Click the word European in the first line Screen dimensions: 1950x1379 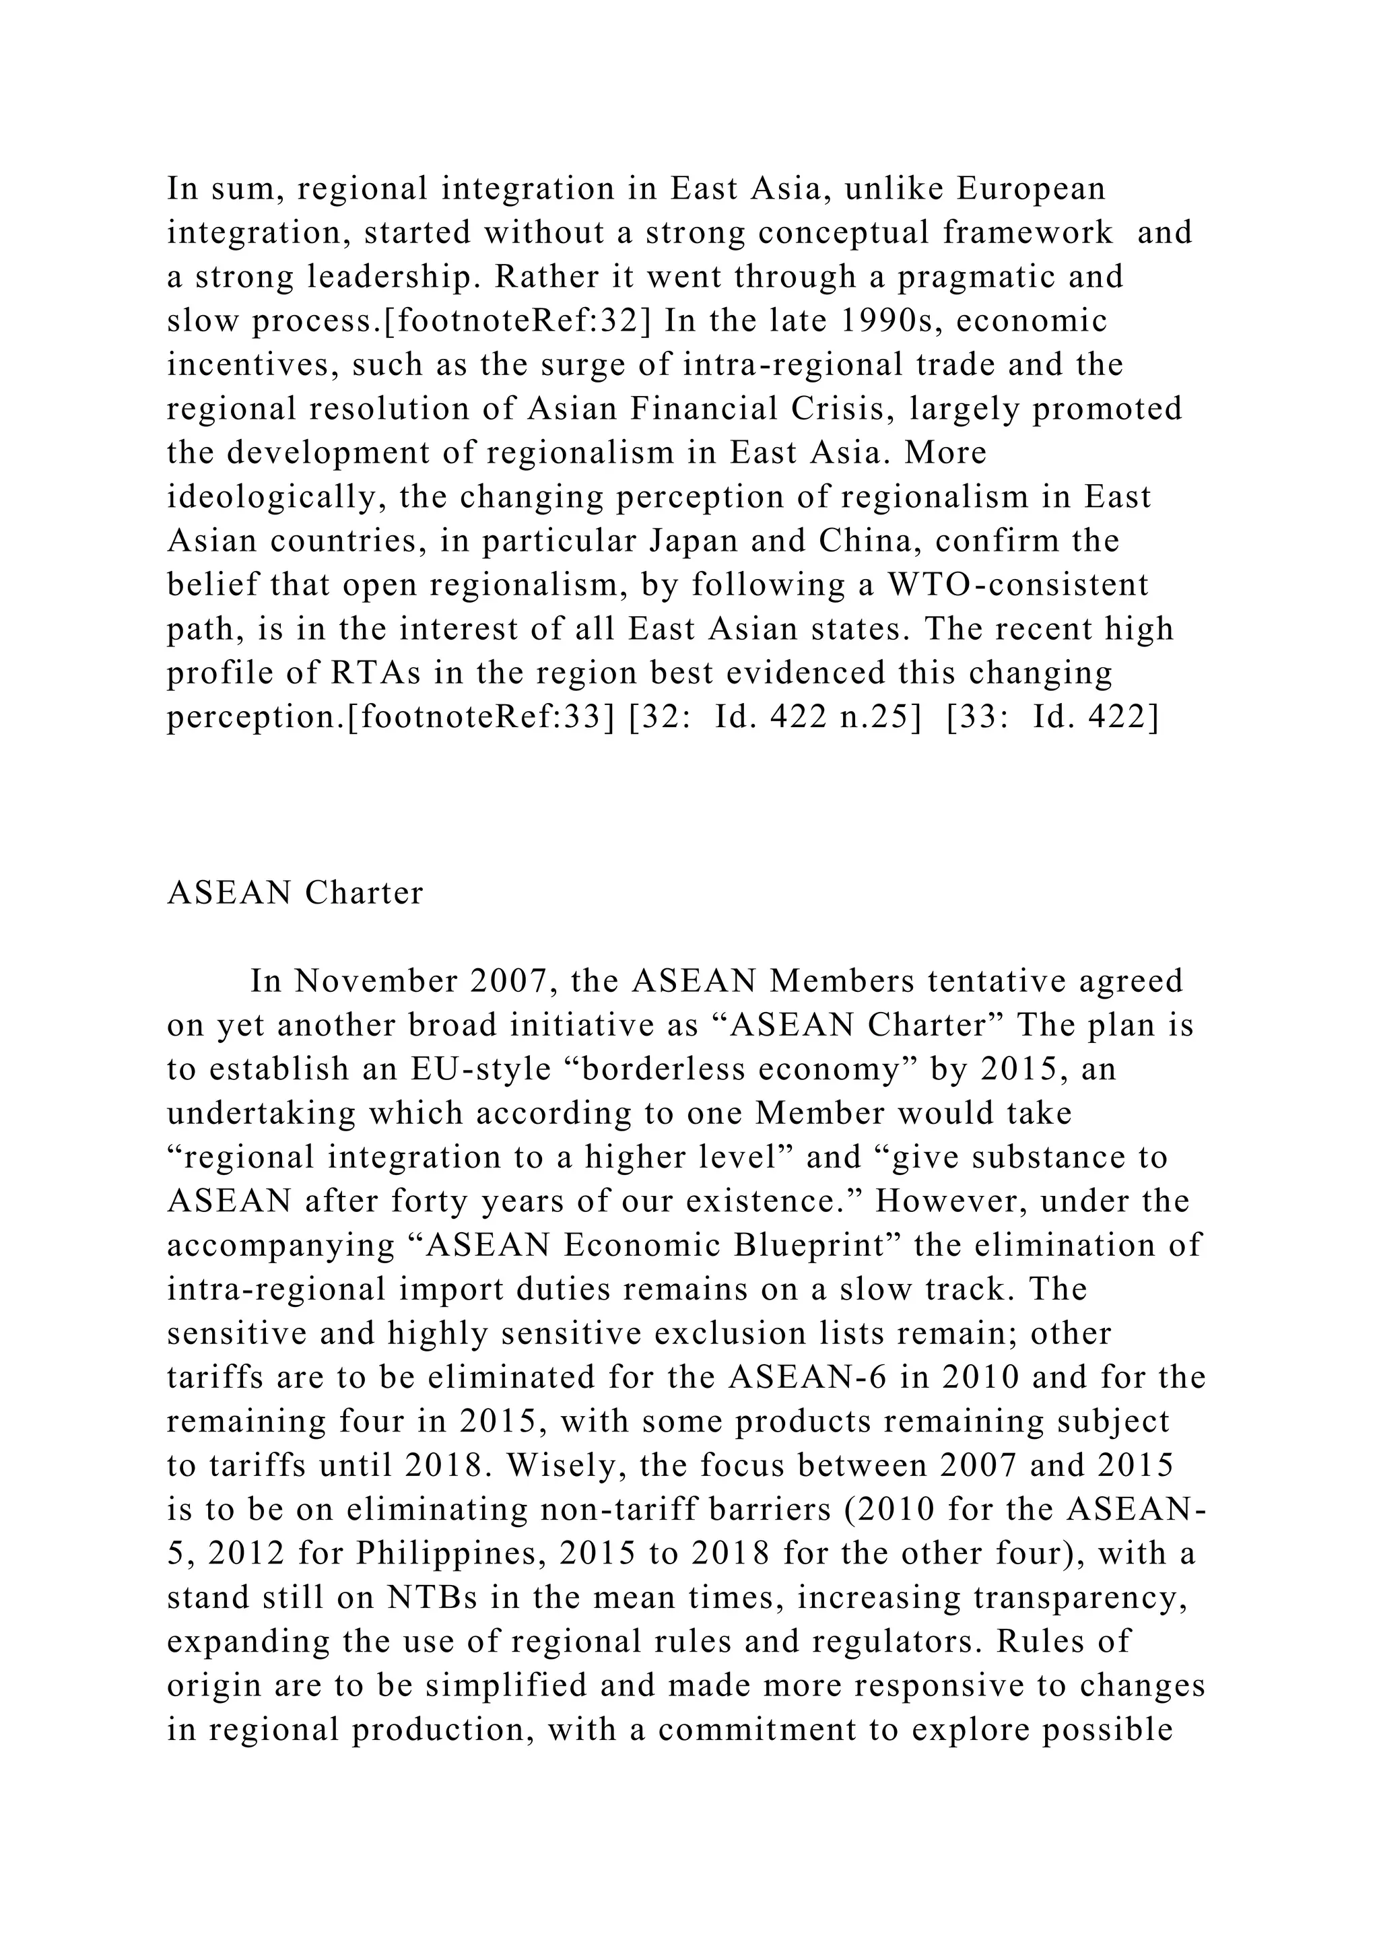click(1031, 189)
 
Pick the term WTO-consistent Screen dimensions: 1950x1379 click(1018, 585)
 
